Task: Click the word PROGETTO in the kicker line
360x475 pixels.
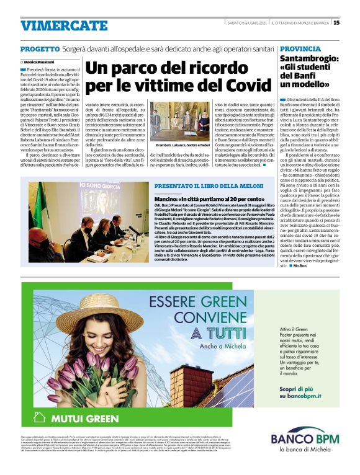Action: tap(40, 49)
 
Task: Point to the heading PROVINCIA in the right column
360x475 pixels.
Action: tap(300, 49)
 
